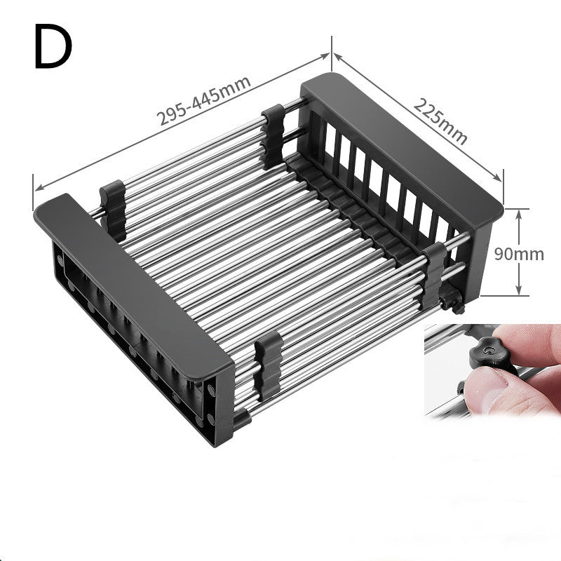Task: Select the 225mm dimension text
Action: pyautogui.click(x=440, y=121)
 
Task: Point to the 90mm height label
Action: pyautogui.click(x=518, y=254)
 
